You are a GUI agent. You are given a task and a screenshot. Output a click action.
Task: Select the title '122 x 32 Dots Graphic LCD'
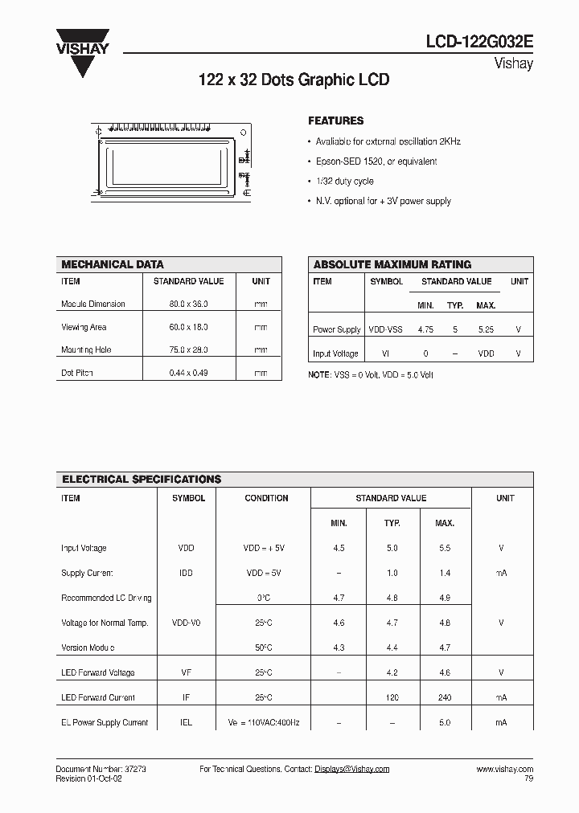[x=294, y=80]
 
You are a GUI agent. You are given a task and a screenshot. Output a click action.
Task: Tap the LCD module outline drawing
[x=172, y=161]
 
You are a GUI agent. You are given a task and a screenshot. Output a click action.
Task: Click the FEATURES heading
[x=336, y=121]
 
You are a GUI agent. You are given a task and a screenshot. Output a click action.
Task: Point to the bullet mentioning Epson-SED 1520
[x=376, y=161]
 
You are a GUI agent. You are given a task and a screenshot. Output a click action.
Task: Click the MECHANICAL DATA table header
[x=113, y=264]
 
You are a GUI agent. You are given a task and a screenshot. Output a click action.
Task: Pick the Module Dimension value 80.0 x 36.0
[x=189, y=304]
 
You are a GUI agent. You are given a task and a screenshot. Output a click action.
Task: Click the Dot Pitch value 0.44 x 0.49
[x=189, y=374]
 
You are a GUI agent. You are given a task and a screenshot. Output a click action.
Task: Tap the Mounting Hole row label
[x=86, y=350]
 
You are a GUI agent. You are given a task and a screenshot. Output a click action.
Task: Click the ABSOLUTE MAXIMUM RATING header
[x=392, y=264]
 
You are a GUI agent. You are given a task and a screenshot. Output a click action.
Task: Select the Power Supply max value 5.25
[x=486, y=329]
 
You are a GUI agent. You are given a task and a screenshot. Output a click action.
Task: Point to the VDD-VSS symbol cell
[x=385, y=329]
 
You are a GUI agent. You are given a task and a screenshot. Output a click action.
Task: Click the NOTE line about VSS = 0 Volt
[x=371, y=375]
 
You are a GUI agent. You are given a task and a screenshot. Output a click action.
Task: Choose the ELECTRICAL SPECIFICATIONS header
[x=142, y=480]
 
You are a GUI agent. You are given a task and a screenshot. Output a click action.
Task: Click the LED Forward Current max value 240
[x=444, y=697]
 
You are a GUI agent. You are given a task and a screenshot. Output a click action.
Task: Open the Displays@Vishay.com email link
[x=351, y=769]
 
